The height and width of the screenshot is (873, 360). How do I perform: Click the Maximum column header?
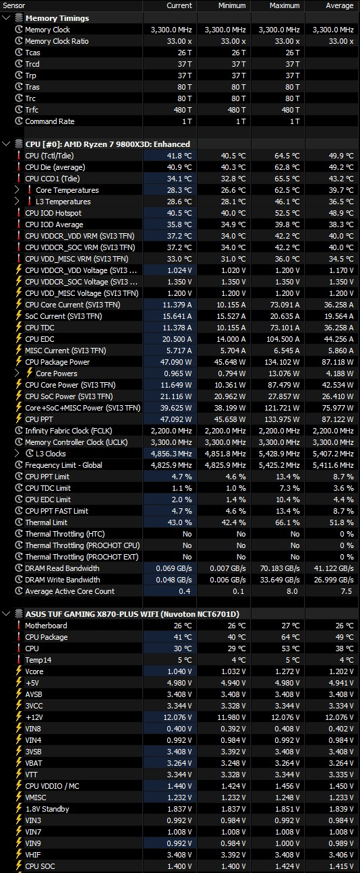(284, 5)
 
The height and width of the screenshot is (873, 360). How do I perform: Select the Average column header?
(339, 5)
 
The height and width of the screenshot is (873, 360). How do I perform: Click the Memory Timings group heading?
(57, 18)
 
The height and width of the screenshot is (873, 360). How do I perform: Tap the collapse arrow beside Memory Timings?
(6, 18)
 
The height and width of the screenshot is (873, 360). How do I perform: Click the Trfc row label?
(32, 110)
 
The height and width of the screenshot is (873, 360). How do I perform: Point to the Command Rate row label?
(49, 121)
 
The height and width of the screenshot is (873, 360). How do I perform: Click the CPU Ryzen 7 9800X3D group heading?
(108, 144)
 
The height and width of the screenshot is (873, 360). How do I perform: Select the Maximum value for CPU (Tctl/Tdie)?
(287, 156)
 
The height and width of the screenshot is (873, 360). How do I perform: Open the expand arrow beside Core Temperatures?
(17, 190)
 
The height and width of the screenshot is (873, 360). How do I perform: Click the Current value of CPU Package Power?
(176, 362)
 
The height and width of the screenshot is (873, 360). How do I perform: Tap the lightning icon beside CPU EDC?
(18, 338)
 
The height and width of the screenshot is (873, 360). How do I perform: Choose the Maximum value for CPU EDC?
(283, 339)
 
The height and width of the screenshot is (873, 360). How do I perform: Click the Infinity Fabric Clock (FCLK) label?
(69, 431)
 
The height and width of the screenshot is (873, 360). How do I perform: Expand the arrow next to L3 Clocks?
(17, 453)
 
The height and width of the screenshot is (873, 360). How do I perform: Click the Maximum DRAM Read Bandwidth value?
(280, 568)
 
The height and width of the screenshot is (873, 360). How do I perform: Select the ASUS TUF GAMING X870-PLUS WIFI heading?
(132, 614)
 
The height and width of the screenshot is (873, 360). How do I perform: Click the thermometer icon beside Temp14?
(18, 659)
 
